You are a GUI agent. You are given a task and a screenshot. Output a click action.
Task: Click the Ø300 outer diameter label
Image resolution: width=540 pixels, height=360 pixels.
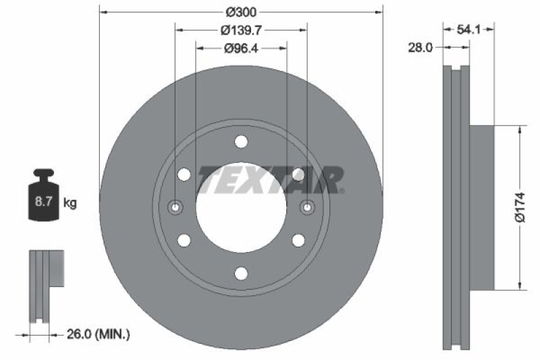pyautogui.click(x=241, y=12)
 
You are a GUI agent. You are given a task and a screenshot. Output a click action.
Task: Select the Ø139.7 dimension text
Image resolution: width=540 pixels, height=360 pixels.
pyautogui.click(x=241, y=30)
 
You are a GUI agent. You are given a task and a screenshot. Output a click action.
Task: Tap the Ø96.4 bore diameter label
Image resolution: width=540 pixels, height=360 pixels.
pyautogui.click(x=241, y=48)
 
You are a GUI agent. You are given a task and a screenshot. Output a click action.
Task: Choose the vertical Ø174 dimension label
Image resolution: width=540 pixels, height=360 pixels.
pyautogui.click(x=520, y=207)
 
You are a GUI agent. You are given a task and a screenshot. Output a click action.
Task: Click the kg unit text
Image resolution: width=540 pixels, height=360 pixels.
pyautogui.click(x=70, y=202)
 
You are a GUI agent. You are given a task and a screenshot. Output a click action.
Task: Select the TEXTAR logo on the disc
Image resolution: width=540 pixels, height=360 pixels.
pyautogui.click(x=270, y=180)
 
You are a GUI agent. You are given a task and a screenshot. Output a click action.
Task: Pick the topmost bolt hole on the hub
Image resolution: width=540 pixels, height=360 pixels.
pyautogui.click(x=241, y=142)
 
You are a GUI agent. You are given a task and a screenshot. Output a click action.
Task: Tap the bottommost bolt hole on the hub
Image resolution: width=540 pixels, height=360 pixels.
pyautogui.click(x=241, y=272)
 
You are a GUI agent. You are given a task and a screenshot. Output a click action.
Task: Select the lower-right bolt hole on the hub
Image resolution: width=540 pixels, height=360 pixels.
pyautogui.click(x=298, y=240)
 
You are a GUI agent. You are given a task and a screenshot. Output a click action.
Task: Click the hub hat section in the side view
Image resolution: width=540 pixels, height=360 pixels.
pyautogui.click(x=482, y=207)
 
